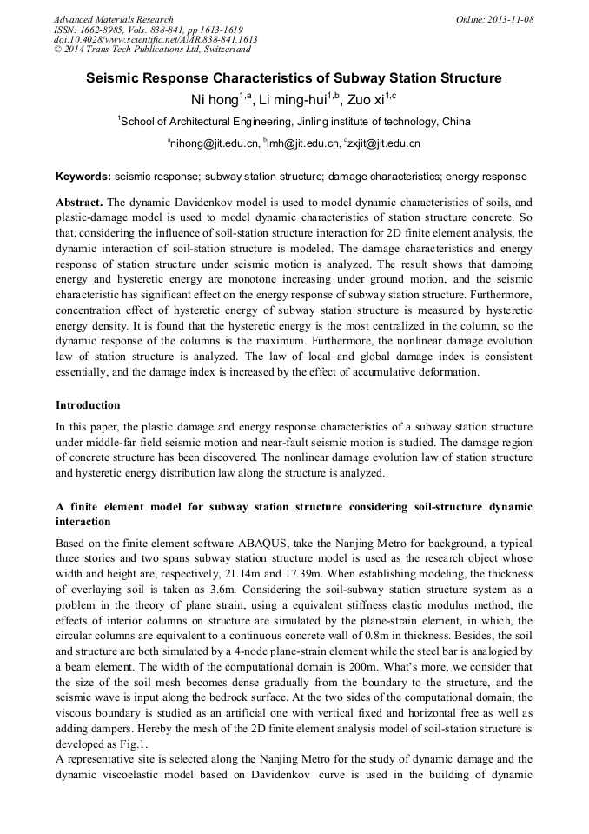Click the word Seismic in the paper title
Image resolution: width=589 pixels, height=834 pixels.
click(x=115, y=78)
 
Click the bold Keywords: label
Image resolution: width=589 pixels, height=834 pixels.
click(x=83, y=176)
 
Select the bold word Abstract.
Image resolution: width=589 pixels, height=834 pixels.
click(x=79, y=201)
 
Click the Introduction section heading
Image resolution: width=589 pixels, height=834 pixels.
click(x=88, y=405)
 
